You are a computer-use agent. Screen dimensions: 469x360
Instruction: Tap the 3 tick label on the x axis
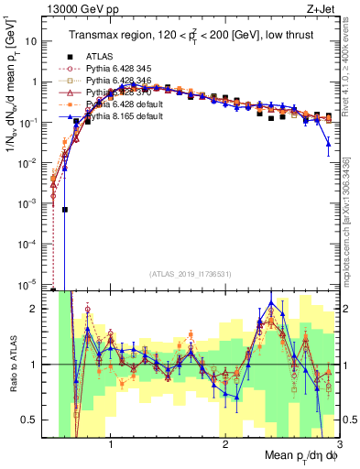tap(338, 446)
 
